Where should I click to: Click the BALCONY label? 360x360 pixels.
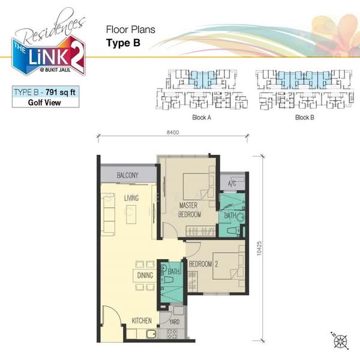pyautogui.click(x=128, y=175)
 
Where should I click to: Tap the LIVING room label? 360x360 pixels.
pyautogui.click(x=131, y=198)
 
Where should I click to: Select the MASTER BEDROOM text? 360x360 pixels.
pyautogui.click(x=190, y=210)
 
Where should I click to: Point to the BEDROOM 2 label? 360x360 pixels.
pyautogui.click(x=203, y=264)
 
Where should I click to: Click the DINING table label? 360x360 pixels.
pyautogui.click(x=145, y=275)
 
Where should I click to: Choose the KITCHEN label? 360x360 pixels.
pyautogui.click(x=142, y=320)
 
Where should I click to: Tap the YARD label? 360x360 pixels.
pyautogui.click(x=174, y=322)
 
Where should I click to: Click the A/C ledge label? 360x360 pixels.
pyautogui.click(x=232, y=184)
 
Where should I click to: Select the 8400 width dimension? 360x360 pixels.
pyautogui.click(x=173, y=132)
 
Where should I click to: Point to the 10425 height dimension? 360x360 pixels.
pyautogui.click(x=259, y=248)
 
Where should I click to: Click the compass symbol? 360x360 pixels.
pyautogui.click(x=340, y=341)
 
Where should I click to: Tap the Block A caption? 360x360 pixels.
pyautogui.click(x=202, y=118)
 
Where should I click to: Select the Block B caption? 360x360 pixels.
pyautogui.click(x=304, y=118)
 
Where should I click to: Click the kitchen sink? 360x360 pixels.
pyautogui.click(x=151, y=334)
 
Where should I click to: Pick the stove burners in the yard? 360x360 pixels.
pyautogui.click(x=173, y=334)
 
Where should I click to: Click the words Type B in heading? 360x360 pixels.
pyautogui.click(x=123, y=43)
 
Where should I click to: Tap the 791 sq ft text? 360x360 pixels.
pyautogui.click(x=61, y=92)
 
